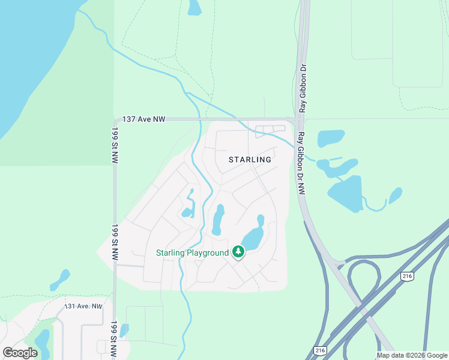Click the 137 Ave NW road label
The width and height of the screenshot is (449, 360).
pyautogui.click(x=143, y=119)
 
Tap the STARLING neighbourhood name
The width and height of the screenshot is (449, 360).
pyautogui.click(x=250, y=160)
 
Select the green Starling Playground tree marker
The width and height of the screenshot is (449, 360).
pyautogui.click(x=238, y=253)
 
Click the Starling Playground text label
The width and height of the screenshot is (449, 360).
pyautogui.click(x=192, y=253)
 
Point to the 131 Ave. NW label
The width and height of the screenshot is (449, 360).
pyautogui.click(x=83, y=307)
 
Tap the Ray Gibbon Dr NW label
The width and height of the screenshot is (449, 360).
pyautogui.click(x=302, y=163)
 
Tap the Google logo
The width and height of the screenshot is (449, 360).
pyautogui.click(x=20, y=353)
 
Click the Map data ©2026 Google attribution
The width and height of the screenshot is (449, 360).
pyautogui.click(x=412, y=355)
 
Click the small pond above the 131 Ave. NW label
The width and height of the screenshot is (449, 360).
pyautogui.click(x=60, y=279)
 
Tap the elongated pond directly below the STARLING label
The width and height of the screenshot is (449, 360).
pyautogui.click(x=218, y=220)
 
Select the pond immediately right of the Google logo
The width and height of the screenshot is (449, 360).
pyautogui.click(x=43, y=343)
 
